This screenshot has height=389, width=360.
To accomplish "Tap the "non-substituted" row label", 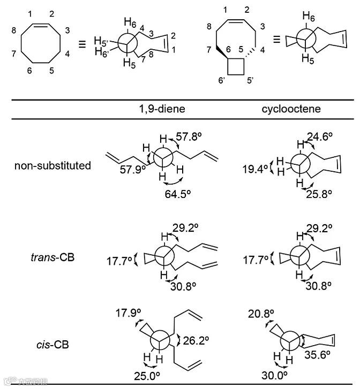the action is click(52, 165).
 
